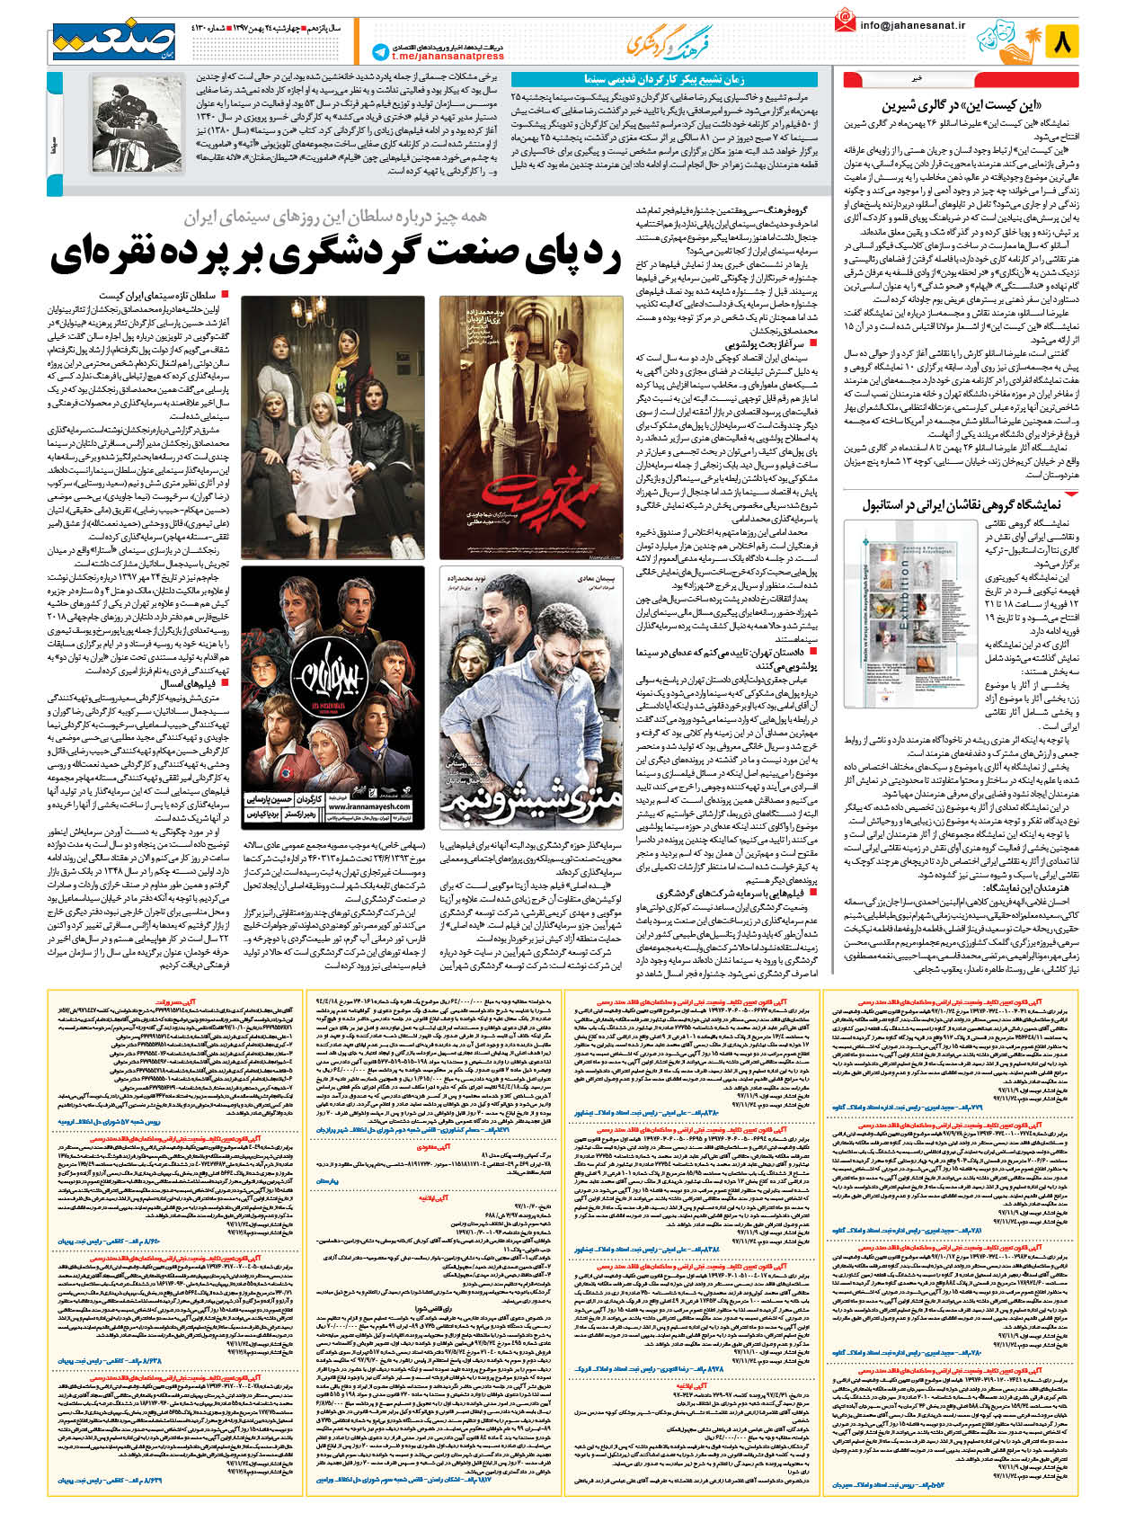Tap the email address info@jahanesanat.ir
(x=912, y=25)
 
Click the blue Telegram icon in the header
(x=381, y=53)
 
